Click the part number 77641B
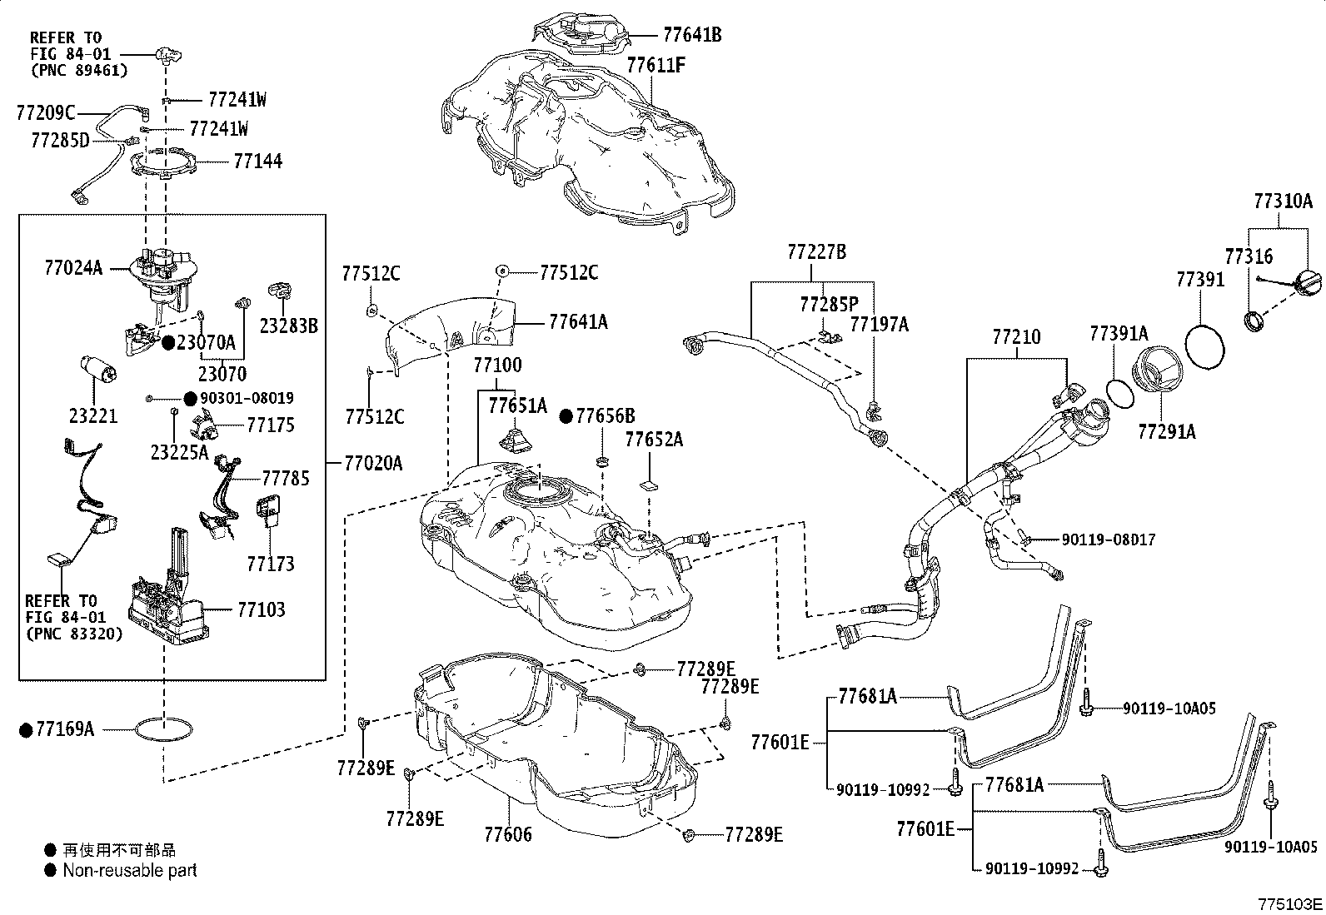pyautogui.click(x=692, y=34)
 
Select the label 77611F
pyautogui.click(x=656, y=64)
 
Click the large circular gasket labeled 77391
pyautogui.click(x=1205, y=346)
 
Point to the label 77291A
pyautogui.click(x=1167, y=431)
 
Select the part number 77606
pyautogui.click(x=507, y=833)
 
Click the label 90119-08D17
pyautogui.click(x=1108, y=540)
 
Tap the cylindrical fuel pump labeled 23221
pyautogui.click(x=97, y=371)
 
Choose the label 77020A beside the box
pyautogui.click(x=372, y=463)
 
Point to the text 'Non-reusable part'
pyautogui.click(x=130, y=871)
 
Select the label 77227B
pyautogui.click(x=816, y=251)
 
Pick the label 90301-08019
pyautogui.click(x=247, y=398)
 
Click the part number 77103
pyautogui.click(x=261, y=609)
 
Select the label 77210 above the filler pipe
pyautogui.click(x=1016, y=337)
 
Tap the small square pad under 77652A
pyautogui.click(x=650, y=482)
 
